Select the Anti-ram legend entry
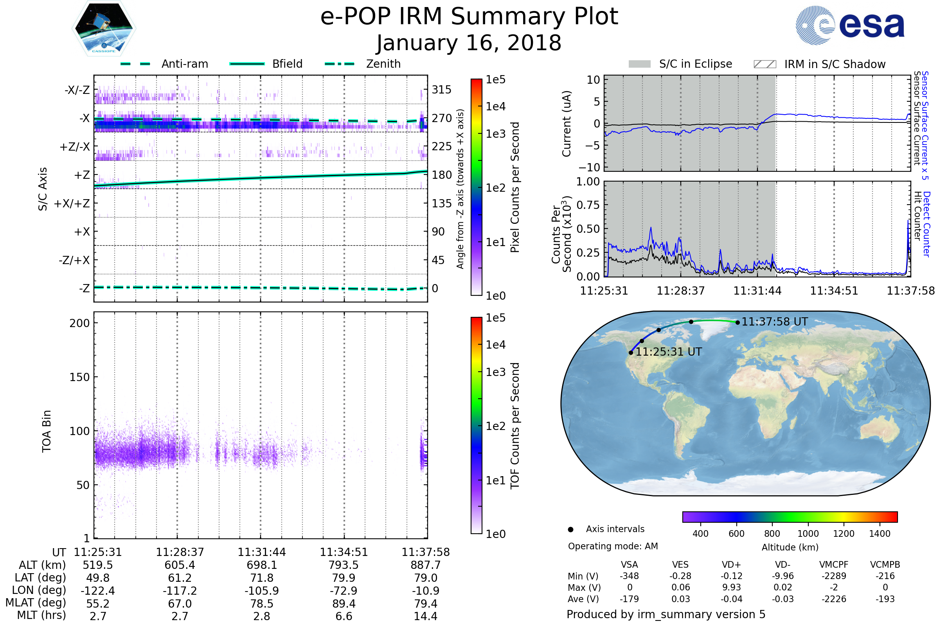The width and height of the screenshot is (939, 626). pyautogui.click(x=184, y=64)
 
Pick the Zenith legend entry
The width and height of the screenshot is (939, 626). pyautogui.click(x=383, y=64)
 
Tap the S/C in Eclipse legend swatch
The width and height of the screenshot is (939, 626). pyautogui.click(x=639, y=64)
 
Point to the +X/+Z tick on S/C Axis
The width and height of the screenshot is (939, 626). pyautogui.click(x=72, y=203)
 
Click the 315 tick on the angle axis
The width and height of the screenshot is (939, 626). pyautogui.click(x=441, y=90)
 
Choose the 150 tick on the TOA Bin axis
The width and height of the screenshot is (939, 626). pyautogui.click(x=79, y=377)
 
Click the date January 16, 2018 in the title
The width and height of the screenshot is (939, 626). pyautogui.click(x=469, y=43)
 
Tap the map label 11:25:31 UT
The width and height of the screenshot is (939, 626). pyautogui.click(x=668, y=352)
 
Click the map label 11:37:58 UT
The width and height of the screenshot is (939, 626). pyautogui.click(x=775, y=322)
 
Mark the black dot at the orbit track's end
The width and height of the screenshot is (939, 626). pyautogui.click(x=738, y=322)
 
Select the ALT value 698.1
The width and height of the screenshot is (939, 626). pyautogui.click(x=261, y=565)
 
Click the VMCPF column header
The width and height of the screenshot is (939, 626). pyautogui.click(x=834, y=565)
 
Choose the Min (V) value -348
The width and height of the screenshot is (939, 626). pyautogui.click(x=629, y=576)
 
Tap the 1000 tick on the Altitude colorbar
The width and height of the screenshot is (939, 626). pyautogui.click(x=808, y=534)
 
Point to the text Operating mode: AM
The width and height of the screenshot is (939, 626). pyautogui.click(x=613, y=546)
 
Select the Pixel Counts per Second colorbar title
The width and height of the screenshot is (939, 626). pyautogui.click(x=515, y=187)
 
